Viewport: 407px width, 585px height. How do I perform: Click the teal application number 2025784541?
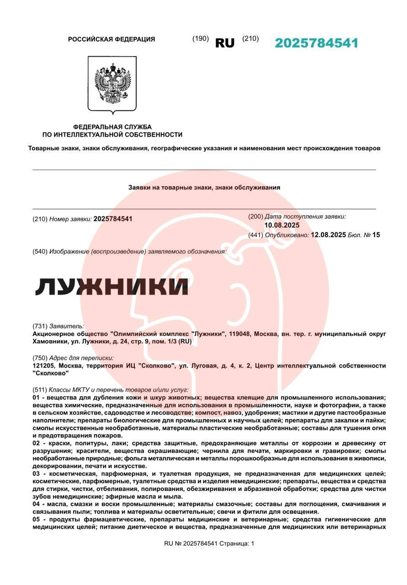[316, 43]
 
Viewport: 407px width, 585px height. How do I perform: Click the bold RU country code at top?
[224, 43]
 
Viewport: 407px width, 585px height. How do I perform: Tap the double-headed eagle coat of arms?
[112, 85]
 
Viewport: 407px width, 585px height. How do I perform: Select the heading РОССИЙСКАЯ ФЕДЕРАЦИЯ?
[111, 39]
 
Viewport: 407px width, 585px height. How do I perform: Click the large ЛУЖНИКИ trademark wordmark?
[112, 286]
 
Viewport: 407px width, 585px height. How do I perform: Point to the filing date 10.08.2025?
[282, 225]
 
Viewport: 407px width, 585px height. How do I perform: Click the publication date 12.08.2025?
[328, 235]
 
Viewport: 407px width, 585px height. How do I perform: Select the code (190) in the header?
[201, 39]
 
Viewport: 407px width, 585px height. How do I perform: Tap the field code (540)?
[40, 251]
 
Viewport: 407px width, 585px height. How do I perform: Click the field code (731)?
[40, 326]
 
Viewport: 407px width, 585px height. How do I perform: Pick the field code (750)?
[40, 358]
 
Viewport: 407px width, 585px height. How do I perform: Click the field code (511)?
[40, 390]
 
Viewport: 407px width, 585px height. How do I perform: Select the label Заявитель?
[67, 326]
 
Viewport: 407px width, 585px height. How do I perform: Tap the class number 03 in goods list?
[37, 474]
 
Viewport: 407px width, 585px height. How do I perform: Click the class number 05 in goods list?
[37, 520]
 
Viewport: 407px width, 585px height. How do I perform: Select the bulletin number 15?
[376, 235]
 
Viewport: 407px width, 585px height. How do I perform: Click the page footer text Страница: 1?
[237, 543]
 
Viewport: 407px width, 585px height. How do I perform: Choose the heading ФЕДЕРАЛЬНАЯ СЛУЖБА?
[112, 127]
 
